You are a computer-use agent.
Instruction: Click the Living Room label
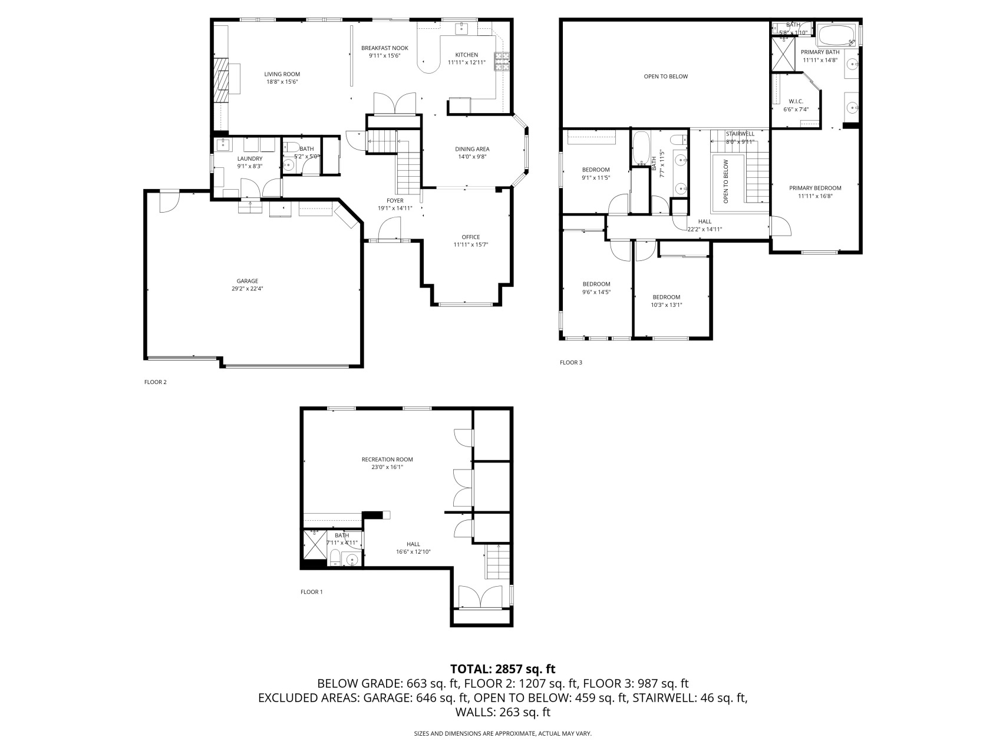(x=282, y=74)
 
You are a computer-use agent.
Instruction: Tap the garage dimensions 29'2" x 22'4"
(x=248, y=289)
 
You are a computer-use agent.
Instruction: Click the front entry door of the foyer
(x=389, y=229)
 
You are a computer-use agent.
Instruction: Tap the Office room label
(x=470, y=237)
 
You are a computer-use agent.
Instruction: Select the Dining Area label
(x=472, y=149)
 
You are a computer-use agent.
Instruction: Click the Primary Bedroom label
(x=815, y=188)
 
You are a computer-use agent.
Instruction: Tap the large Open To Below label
(x=665, y=77)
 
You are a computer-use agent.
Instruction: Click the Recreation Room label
(x=387, y=459)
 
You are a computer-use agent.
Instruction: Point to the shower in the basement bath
(x=314, y=545)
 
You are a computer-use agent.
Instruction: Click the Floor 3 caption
(x=570, y=362)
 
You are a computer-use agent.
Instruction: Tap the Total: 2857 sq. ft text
(x=503, y=669)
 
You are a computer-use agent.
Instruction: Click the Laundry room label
(x=249, y=158)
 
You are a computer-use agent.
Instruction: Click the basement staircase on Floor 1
(x=497, y=562)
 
